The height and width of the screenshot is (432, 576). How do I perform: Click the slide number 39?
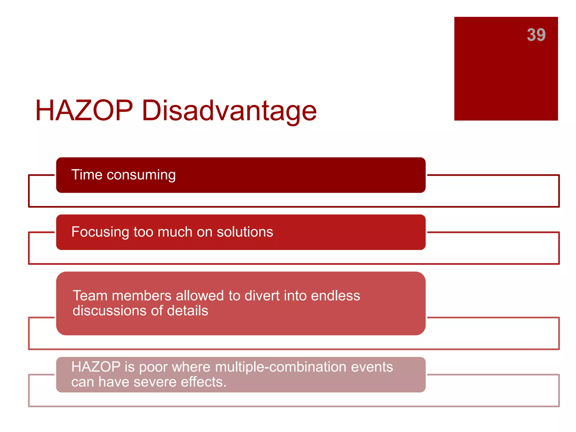[x=536, y=35]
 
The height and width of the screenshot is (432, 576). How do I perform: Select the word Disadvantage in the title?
[x=229, y=111]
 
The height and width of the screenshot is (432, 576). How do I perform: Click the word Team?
[x=90, y=296]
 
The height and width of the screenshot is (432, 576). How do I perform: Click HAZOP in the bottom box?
[x=96, y=367]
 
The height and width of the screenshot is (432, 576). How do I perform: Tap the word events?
[x=372, y=367]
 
